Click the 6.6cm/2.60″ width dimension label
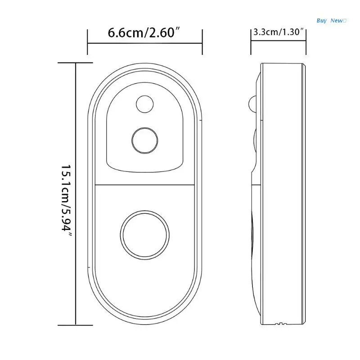click(x=144, y=32)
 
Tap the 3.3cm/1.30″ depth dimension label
click(x=279, y=32)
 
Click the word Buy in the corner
click(x=321, y=21)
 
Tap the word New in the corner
click(x=337, y=21)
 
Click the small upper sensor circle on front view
click(x=144, y=104)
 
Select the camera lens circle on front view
click(x=144, y=140)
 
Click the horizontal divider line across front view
click(x=145, y=184)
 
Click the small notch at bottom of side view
click(x=280, y=324)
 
